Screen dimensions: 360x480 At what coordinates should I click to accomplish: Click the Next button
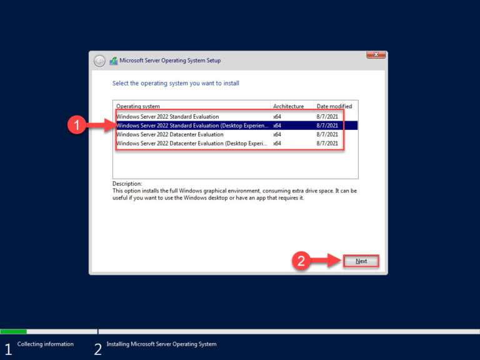361,261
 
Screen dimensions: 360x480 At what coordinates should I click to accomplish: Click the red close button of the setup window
376,56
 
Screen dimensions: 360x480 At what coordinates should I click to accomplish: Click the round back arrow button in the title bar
99,61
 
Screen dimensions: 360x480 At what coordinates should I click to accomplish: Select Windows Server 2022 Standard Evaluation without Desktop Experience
167,116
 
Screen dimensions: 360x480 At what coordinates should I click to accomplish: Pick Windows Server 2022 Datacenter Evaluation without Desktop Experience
169,134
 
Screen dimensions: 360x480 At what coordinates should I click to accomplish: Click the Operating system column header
138,106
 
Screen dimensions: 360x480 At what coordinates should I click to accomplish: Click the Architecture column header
288,106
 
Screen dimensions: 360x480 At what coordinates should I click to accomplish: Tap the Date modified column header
334,106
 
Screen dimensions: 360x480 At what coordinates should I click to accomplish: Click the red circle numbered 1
76,126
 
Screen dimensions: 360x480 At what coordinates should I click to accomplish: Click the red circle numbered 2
301,261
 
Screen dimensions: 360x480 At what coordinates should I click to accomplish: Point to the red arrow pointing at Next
325,261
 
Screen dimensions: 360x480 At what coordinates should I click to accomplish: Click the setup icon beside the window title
113,61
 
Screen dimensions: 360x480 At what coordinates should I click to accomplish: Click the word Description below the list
127,184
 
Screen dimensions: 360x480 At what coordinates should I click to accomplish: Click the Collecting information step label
45,344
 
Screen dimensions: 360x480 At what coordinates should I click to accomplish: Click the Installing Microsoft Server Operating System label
161,344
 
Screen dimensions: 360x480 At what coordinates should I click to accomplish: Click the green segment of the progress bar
13,331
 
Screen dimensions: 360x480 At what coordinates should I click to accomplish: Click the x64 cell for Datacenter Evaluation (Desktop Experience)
277,143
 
